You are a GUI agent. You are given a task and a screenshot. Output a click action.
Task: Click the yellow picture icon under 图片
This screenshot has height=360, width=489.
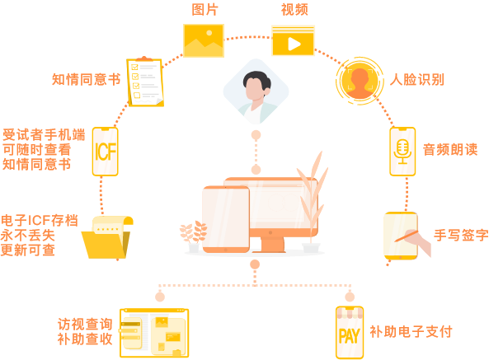click(204, 40)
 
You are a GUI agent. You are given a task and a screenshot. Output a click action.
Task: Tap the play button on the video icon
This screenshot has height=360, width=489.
click(294, 44)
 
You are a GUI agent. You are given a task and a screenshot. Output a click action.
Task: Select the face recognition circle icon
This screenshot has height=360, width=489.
click(360, 81)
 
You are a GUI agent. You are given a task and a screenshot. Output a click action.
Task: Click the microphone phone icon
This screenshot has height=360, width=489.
click(402, 152)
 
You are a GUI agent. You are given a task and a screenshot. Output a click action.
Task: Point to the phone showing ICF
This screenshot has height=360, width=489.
click(105, 152)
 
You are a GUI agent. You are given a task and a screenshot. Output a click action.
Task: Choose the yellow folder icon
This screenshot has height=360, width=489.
click(107, 237)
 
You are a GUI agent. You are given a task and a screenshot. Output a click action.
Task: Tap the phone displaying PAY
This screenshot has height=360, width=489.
click(350, 333)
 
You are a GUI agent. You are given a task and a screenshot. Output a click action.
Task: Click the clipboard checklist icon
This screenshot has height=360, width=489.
click(145, 82)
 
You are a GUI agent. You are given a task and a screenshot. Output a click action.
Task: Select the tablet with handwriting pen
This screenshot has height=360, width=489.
click(402, 236)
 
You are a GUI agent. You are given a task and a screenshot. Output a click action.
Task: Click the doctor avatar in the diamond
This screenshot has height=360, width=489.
click(256, 91)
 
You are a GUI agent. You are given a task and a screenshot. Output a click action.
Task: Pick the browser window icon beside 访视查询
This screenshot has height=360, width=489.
click(154, 333)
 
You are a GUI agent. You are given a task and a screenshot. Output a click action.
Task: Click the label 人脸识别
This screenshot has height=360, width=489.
click(417, 80)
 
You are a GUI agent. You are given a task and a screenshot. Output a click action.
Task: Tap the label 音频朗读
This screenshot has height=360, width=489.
click(450, 149)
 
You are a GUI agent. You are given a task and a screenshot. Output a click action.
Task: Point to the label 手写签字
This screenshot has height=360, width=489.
click(461, 235)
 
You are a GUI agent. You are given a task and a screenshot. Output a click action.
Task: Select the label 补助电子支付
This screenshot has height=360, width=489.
click(411, 332)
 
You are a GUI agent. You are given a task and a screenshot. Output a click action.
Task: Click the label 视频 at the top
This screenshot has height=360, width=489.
click(294, 10)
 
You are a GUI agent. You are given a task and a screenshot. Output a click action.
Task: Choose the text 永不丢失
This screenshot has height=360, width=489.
click(28, 235)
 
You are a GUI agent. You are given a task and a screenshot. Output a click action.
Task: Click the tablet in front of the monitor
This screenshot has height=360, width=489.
click(226, 220)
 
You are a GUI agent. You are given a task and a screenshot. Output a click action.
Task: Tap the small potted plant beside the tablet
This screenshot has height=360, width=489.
click(193, 236)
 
